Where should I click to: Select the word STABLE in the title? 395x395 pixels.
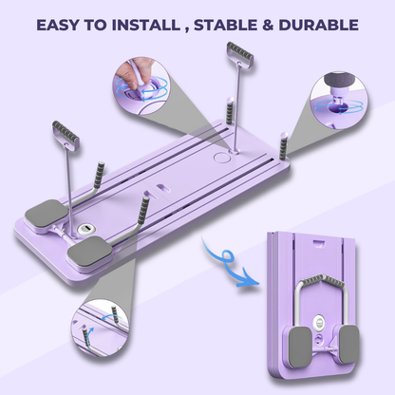[225, 25]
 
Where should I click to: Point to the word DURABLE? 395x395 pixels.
[318, 25]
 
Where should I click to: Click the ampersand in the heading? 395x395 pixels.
[268, 25]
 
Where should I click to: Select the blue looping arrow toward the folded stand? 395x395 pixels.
[224, 261]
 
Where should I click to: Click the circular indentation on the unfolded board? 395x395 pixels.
[221, 157]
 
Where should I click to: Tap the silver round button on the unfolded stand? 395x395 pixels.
[85, 228]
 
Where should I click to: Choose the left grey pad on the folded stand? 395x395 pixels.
[300, 348]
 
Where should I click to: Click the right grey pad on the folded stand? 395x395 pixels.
[349, 344]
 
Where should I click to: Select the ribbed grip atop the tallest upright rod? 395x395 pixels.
[240, 52]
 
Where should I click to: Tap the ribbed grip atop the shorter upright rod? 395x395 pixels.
[66, 132]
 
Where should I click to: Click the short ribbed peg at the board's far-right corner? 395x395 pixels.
[283, 145]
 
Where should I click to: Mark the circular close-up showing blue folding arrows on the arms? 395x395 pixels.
[101, 328]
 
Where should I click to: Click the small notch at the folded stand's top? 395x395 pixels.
[319, 242]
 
